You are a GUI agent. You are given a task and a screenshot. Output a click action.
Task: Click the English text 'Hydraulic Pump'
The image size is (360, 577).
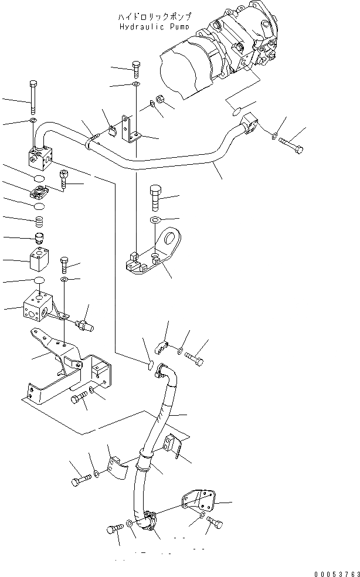tap(154, 26)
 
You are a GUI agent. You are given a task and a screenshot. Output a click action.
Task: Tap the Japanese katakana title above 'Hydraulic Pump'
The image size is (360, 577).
tap(154, 17)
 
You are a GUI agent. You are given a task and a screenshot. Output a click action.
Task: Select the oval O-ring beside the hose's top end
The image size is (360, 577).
tap(151, 366)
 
